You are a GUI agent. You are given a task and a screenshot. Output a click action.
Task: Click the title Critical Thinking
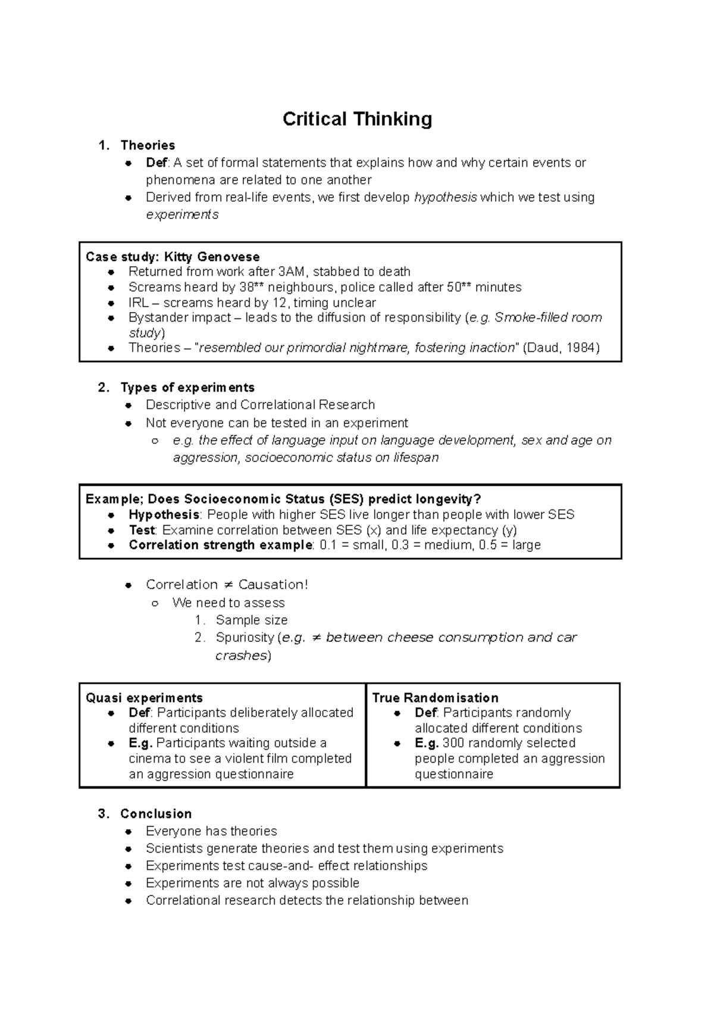(357, 119)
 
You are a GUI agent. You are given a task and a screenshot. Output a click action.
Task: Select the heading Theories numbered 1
(148, 145)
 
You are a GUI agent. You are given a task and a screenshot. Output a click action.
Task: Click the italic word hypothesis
(445, 197)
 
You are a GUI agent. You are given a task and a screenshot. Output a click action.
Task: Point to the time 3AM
(290, 272)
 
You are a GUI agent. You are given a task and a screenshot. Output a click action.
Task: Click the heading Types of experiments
(187, 388)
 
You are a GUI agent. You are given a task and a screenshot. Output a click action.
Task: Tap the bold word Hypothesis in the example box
(164, 514)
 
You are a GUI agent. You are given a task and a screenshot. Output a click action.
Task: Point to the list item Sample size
(252, 620)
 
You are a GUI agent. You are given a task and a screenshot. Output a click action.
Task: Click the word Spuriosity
(245, 638)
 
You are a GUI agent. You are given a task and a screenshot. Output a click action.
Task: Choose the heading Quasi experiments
(144, 698)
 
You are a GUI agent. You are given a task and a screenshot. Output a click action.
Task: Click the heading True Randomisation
(435, 698)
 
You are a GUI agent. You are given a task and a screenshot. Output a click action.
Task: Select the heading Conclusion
(156, 814)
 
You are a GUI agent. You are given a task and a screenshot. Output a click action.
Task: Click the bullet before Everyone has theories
(128, 832)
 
